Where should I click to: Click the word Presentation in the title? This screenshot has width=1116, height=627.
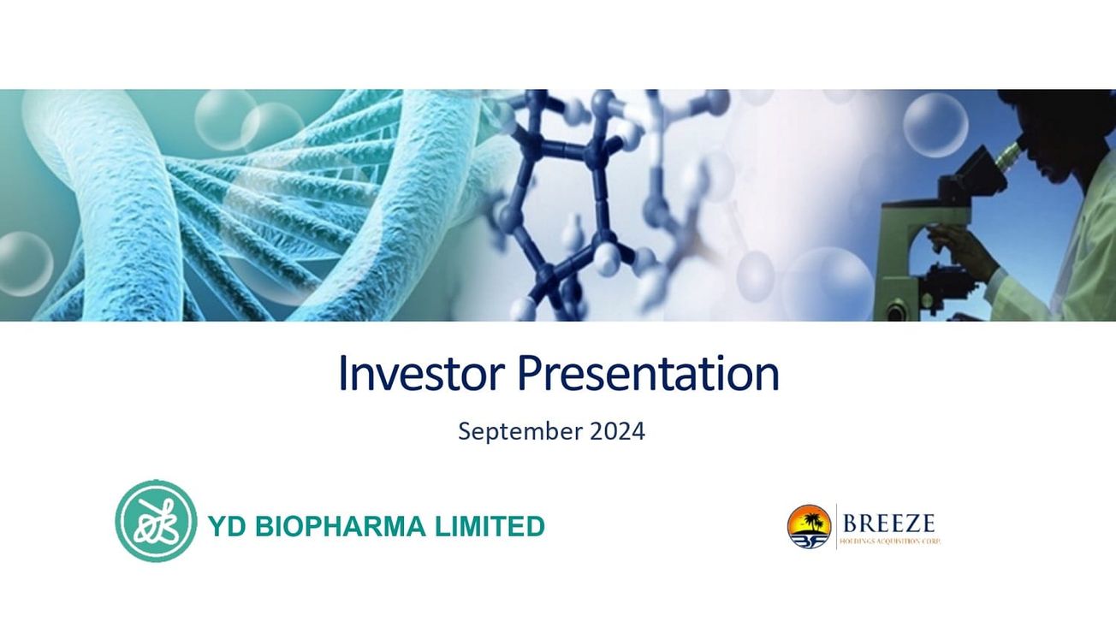point(648,374)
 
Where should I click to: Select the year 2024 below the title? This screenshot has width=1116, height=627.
point(617,431)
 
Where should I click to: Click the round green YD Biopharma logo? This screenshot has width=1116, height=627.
point(156,521)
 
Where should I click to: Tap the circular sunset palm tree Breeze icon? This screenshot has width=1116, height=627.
point(809,526)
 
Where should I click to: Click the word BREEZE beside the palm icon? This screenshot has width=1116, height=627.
point(888,523)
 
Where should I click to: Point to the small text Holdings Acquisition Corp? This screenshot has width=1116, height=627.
point(890,541)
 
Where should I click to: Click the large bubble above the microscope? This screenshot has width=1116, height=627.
point(935,124)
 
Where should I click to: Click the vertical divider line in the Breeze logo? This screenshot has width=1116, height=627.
point(836,526)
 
